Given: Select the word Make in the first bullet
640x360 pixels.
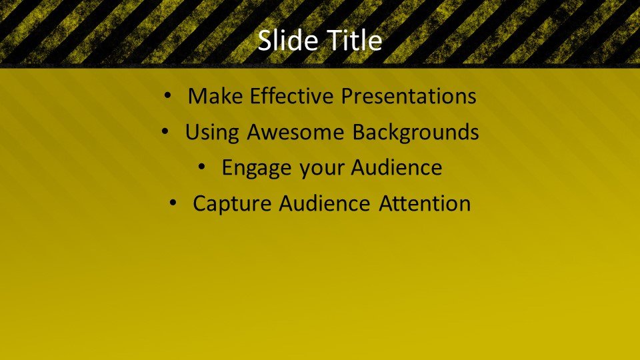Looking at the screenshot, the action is [x=215, y=96].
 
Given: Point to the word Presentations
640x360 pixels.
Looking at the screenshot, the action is [x=409, y=96].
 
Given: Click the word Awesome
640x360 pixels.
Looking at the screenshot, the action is [x=296, y=132].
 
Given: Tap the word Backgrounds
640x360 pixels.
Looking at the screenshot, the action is [x=415, y=132].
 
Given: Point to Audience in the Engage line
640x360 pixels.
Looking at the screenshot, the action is [x=396, y=168].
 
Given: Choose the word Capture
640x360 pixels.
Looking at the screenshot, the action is [x=232, y=204].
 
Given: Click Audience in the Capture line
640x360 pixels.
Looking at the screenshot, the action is [x=325, y=203].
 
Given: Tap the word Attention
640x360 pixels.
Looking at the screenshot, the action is [x=425, y=203].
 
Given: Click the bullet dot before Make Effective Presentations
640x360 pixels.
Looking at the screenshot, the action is [x=167, y=96].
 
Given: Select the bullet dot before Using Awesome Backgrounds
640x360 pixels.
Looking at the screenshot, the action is [x=165, y=132].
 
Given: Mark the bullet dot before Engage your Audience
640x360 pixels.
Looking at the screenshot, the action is [x=201, y=167].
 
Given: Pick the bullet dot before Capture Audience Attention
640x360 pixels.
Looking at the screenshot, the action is [x=172, y=203].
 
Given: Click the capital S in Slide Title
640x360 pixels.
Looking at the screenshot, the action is [x=265, y=41].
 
